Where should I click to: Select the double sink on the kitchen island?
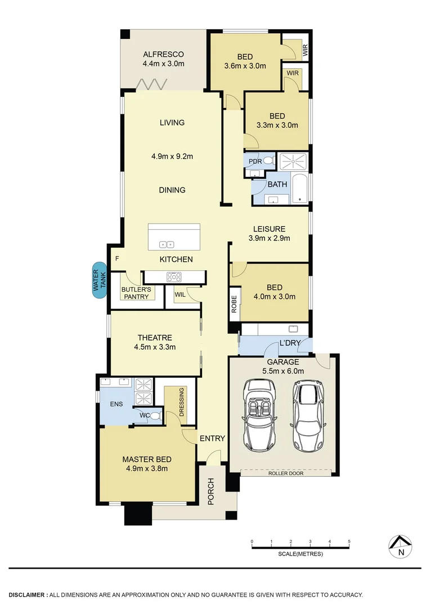click(167, 244)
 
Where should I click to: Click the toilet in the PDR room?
click(268, 161)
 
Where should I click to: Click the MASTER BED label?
click(147, 459)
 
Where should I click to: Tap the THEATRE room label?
click(155, 338)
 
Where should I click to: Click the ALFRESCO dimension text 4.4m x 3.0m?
click(163, 64)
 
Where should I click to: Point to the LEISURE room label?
click(269, 229)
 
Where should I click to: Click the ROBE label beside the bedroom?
click(234, 303)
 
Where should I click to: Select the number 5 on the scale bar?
click(349, 542)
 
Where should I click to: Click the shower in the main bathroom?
click(294, 162)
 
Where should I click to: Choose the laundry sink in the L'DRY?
click(293, 329)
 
